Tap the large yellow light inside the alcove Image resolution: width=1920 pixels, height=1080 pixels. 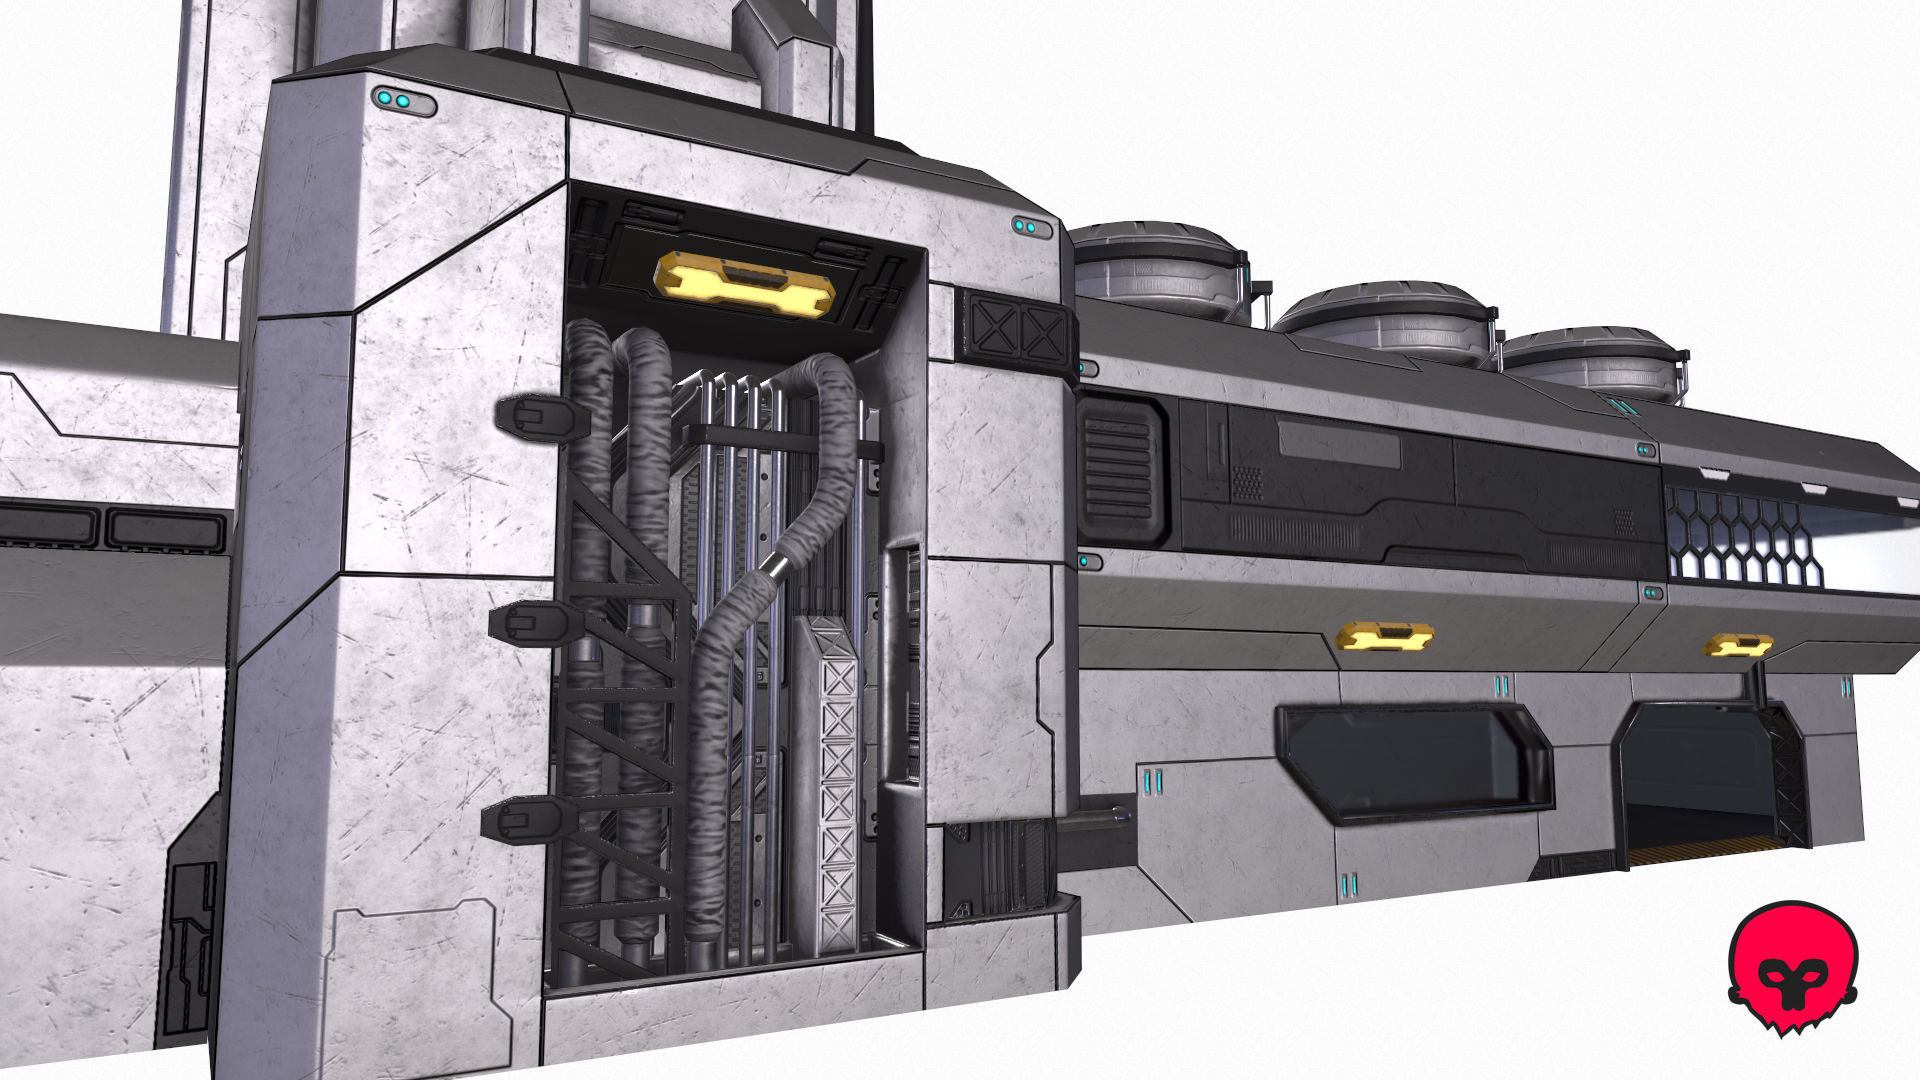pyautogui.click(x=744, y=283)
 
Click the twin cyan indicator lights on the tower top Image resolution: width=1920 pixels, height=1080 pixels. pyautogui.click(x=404, y=101)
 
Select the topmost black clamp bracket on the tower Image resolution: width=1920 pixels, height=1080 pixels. pyautogui.click(x=539, y=417)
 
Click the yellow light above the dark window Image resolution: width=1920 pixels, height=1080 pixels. pyautogui.click(x=1385, y=635)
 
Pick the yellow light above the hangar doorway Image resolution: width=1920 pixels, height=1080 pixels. pyautogui.click(x=1739, y=645)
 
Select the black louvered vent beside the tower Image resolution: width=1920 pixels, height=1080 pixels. pyautogui.click(x=1121, y=469)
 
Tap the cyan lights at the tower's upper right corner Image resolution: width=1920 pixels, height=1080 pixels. pyautogui.click(x=1031, y=228)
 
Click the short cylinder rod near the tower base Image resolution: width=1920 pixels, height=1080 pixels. pyautogui.click(x=1095, y=821)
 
